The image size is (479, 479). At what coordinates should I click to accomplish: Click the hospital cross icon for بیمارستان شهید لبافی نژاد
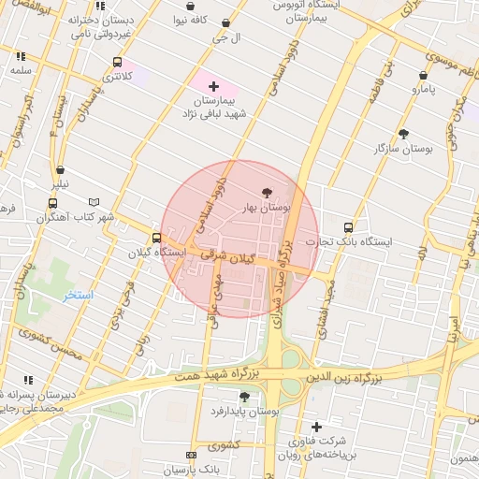(x=214, y=86)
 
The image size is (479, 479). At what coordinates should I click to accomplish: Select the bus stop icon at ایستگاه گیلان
(x=156, y=238)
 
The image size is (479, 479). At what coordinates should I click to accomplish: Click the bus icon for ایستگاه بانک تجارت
(x=349, y=226)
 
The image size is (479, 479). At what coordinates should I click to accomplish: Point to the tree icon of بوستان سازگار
(x=403, y=134)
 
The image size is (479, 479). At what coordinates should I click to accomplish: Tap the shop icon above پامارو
(x=423, y=75)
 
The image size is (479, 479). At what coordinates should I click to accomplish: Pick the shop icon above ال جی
(x=225, y=23)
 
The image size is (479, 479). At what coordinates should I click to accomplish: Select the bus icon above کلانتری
(x=117, y=63)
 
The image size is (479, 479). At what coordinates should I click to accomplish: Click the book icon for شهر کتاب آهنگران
(x=93, y=202)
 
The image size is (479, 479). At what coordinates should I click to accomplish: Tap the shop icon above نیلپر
(x=61, y=170)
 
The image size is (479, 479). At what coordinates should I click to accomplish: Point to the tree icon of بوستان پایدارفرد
(x=244, y=397)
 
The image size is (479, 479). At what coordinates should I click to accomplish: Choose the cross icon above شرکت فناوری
(x=316, y=427)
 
